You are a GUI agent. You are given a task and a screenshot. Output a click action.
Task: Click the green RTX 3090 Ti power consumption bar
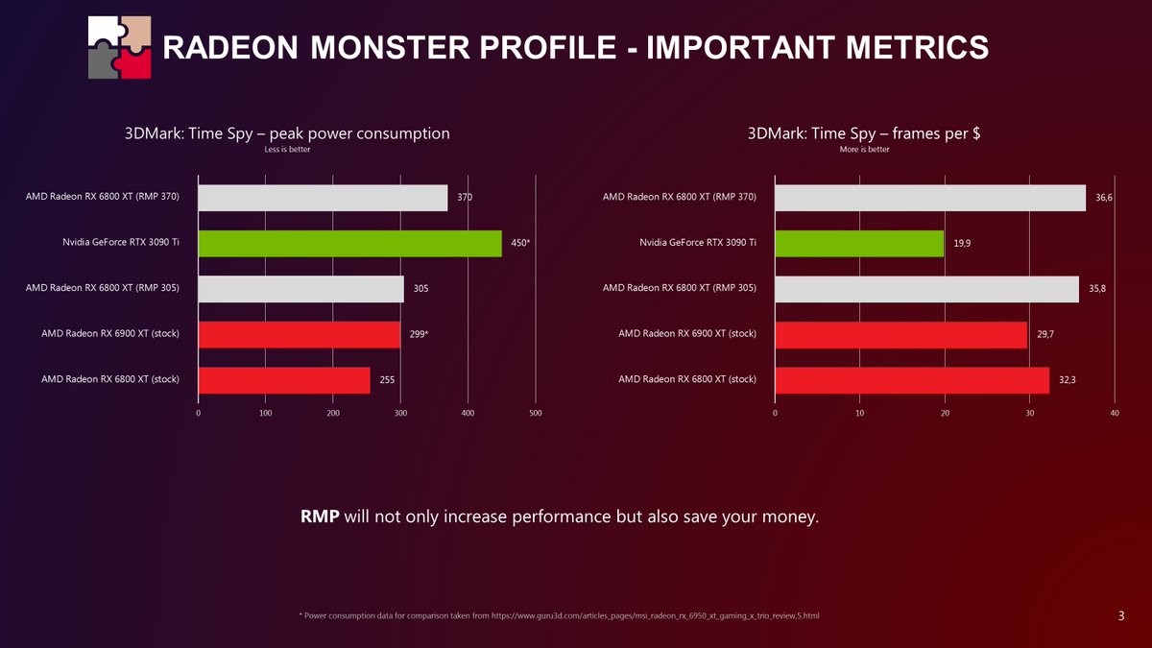[x=349, y=243]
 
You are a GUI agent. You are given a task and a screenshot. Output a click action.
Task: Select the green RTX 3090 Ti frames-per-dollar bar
[x=859, y=243]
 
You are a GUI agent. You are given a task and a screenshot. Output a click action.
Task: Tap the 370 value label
[x=465, y=197]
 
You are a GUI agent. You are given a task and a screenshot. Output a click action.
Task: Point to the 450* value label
[x=520, y=243]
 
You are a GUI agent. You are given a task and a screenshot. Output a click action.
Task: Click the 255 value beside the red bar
[x=387, y=380]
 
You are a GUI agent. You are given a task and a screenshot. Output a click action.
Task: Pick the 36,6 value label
[x=1104, y=197]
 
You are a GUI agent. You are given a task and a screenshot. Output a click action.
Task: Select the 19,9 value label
[x=962, y=243]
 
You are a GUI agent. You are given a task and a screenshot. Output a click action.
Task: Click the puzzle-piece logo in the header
[x=119, y=47]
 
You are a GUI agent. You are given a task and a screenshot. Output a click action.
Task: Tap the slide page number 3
[x=1121, y=614]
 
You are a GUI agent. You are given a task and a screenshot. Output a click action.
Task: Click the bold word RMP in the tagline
[x=320, y=517]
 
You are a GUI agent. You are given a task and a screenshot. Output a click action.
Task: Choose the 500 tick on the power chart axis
[x=536, y=413]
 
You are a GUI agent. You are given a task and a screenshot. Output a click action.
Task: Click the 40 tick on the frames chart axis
[x=1114, y=413]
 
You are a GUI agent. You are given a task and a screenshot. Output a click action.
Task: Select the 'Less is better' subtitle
[x=287, y=150]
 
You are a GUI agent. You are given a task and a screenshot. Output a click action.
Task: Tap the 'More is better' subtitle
[x=864, y=150]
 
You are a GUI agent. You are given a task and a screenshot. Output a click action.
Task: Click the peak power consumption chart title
[x=287, y=133]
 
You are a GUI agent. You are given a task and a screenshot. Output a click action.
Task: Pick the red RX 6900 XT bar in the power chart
[x=299, y=334]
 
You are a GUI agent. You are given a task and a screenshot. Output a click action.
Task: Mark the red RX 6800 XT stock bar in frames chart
[x=912, y=380]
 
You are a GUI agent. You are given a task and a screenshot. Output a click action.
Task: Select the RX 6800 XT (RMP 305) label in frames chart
[x=680, y=289]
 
